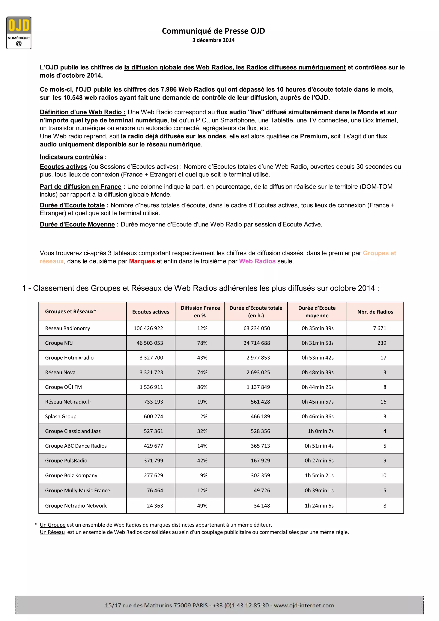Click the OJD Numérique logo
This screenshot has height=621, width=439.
pyautogui.click(x=19, y=33)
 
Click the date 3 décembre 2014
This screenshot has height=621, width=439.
pyautogui.click(x=213, y=40)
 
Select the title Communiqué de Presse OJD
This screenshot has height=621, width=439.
pyautogui.click(x=213, y=31)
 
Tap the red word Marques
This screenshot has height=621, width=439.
pyautogui.click(x=142, y=261)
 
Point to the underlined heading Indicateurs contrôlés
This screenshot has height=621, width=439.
pyautogui.click(x=71, y=157)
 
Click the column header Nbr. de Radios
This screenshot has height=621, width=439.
pyautogui.click(x=375, y=312)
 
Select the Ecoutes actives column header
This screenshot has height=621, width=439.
pyautogui.click(x=150, y=312)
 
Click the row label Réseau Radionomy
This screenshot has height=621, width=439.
pyautogui.click(x=68, y=328)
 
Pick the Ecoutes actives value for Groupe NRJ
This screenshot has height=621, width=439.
pyautogui.click(x=150, y=343)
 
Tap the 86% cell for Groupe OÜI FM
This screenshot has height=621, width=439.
pyautogui.click(x=202, y=387)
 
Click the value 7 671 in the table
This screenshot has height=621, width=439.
pyautogui.click(x=380, y=328)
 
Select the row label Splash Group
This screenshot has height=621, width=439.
pyautogui.click(x=61, y=416)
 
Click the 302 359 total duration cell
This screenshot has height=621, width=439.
pyautogui.click(x=260, y=475)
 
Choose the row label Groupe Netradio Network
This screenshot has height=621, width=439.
pyautogui.click(x=76, y=506)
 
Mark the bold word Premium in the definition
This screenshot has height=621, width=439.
pyautogui.click(x=314, y=136)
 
